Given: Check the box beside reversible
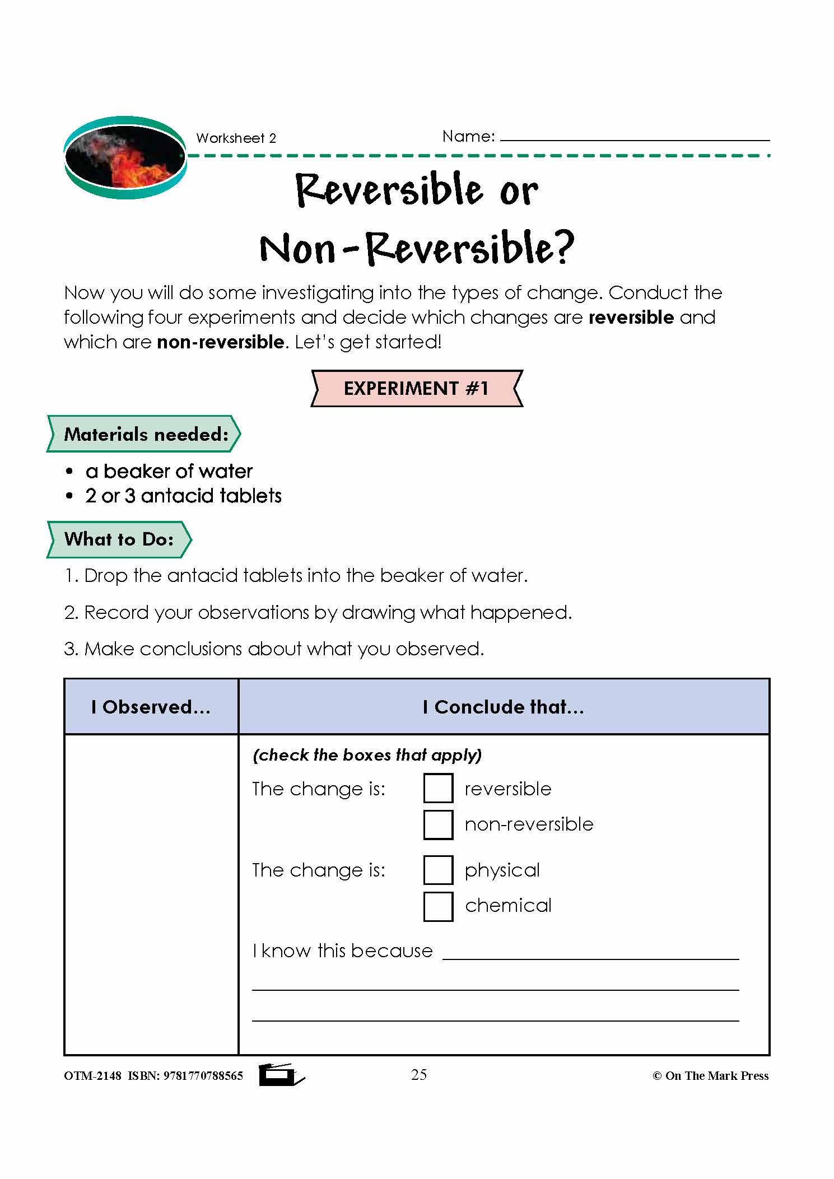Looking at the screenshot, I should click(438, 788).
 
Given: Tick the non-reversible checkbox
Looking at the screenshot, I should click(438, 824).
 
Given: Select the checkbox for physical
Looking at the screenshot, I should click(438, 869).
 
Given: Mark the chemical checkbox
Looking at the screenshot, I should click(438, 906).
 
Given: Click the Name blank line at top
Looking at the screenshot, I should click(634, 137).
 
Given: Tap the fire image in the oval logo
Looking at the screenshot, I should click(125, 157).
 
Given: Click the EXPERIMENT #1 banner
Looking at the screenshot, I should click(416, 388).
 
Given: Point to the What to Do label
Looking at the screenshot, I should click(119, 539).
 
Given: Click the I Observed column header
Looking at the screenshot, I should click(151, 707).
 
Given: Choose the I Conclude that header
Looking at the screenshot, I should click(503, 707).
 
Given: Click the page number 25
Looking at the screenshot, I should click(418, 1075).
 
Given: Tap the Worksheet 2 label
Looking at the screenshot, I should click(236, 138).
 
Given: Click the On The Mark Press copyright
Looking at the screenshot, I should click(710, 1076).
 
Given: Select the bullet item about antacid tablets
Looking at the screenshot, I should click(183, 496).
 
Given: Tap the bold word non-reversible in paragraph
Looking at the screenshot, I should click(220, 342).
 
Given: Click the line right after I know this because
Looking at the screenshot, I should click(590, 953).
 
